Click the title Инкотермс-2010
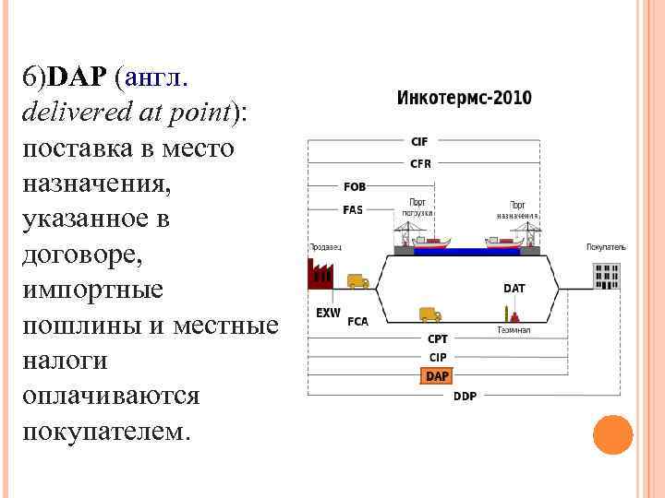[464, 99]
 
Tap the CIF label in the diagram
[419, 141]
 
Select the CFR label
[420, 163]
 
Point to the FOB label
[354, 186]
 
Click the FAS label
[353, 209]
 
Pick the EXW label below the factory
[328, 313]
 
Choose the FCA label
[357, 323]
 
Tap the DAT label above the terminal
[514, 289]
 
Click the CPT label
[437, 339]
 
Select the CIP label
[437, 357]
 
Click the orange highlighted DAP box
[437, 376]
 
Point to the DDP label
[465, 397]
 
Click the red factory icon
[320, 272]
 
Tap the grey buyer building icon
[607, 275]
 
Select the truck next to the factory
[357, 281]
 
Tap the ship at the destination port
[503, 244]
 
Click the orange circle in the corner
[612, 434]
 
